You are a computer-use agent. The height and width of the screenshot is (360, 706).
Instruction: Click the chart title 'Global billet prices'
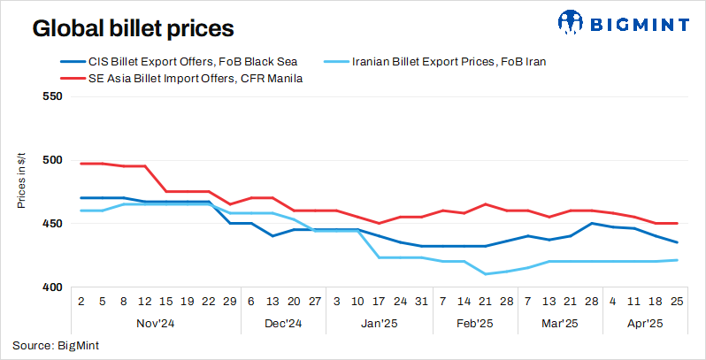133,28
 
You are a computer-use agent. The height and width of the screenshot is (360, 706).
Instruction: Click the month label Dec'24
283,324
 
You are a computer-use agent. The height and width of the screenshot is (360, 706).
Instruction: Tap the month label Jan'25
379,324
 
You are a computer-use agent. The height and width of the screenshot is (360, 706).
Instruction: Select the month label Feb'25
474,324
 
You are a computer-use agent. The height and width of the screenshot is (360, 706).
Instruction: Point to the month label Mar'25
560,324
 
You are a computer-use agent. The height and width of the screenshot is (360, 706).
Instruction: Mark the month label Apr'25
646,324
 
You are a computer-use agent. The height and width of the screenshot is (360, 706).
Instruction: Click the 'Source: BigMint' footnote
56,345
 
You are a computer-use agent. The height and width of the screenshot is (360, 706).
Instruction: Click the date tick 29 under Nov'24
230,302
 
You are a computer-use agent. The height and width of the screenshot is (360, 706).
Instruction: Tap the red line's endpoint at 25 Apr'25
678,223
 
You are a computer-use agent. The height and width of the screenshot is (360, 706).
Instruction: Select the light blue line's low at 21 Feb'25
485,274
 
